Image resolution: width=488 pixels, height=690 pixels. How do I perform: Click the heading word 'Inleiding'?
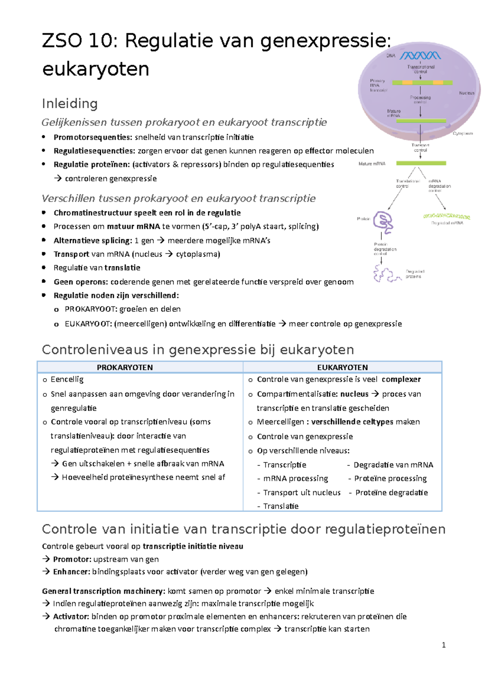[70, 104]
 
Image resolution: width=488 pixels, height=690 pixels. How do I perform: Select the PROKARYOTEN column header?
[124, 367]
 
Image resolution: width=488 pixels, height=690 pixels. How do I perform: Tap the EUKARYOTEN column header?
[342, 367]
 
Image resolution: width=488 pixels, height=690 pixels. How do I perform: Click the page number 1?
[443, 645]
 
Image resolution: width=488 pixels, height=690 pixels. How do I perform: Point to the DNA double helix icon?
[420, 56]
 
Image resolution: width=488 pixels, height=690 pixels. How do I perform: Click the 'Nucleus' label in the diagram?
[466, 93]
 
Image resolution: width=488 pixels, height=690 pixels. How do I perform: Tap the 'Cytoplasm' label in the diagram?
[462, 133]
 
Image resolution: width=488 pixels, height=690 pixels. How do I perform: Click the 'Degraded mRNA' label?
[447, 223]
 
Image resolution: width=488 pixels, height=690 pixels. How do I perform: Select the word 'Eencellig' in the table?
[67, 380]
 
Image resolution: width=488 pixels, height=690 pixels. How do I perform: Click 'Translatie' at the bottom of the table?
[281, 506]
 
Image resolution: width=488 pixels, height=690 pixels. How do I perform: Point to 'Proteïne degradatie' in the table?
[391, 493]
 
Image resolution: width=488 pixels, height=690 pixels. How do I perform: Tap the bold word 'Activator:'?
[71, 616]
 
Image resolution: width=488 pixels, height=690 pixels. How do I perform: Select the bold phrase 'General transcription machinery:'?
[103, 591]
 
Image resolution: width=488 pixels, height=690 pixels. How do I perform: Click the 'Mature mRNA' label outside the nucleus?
[372, 164]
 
